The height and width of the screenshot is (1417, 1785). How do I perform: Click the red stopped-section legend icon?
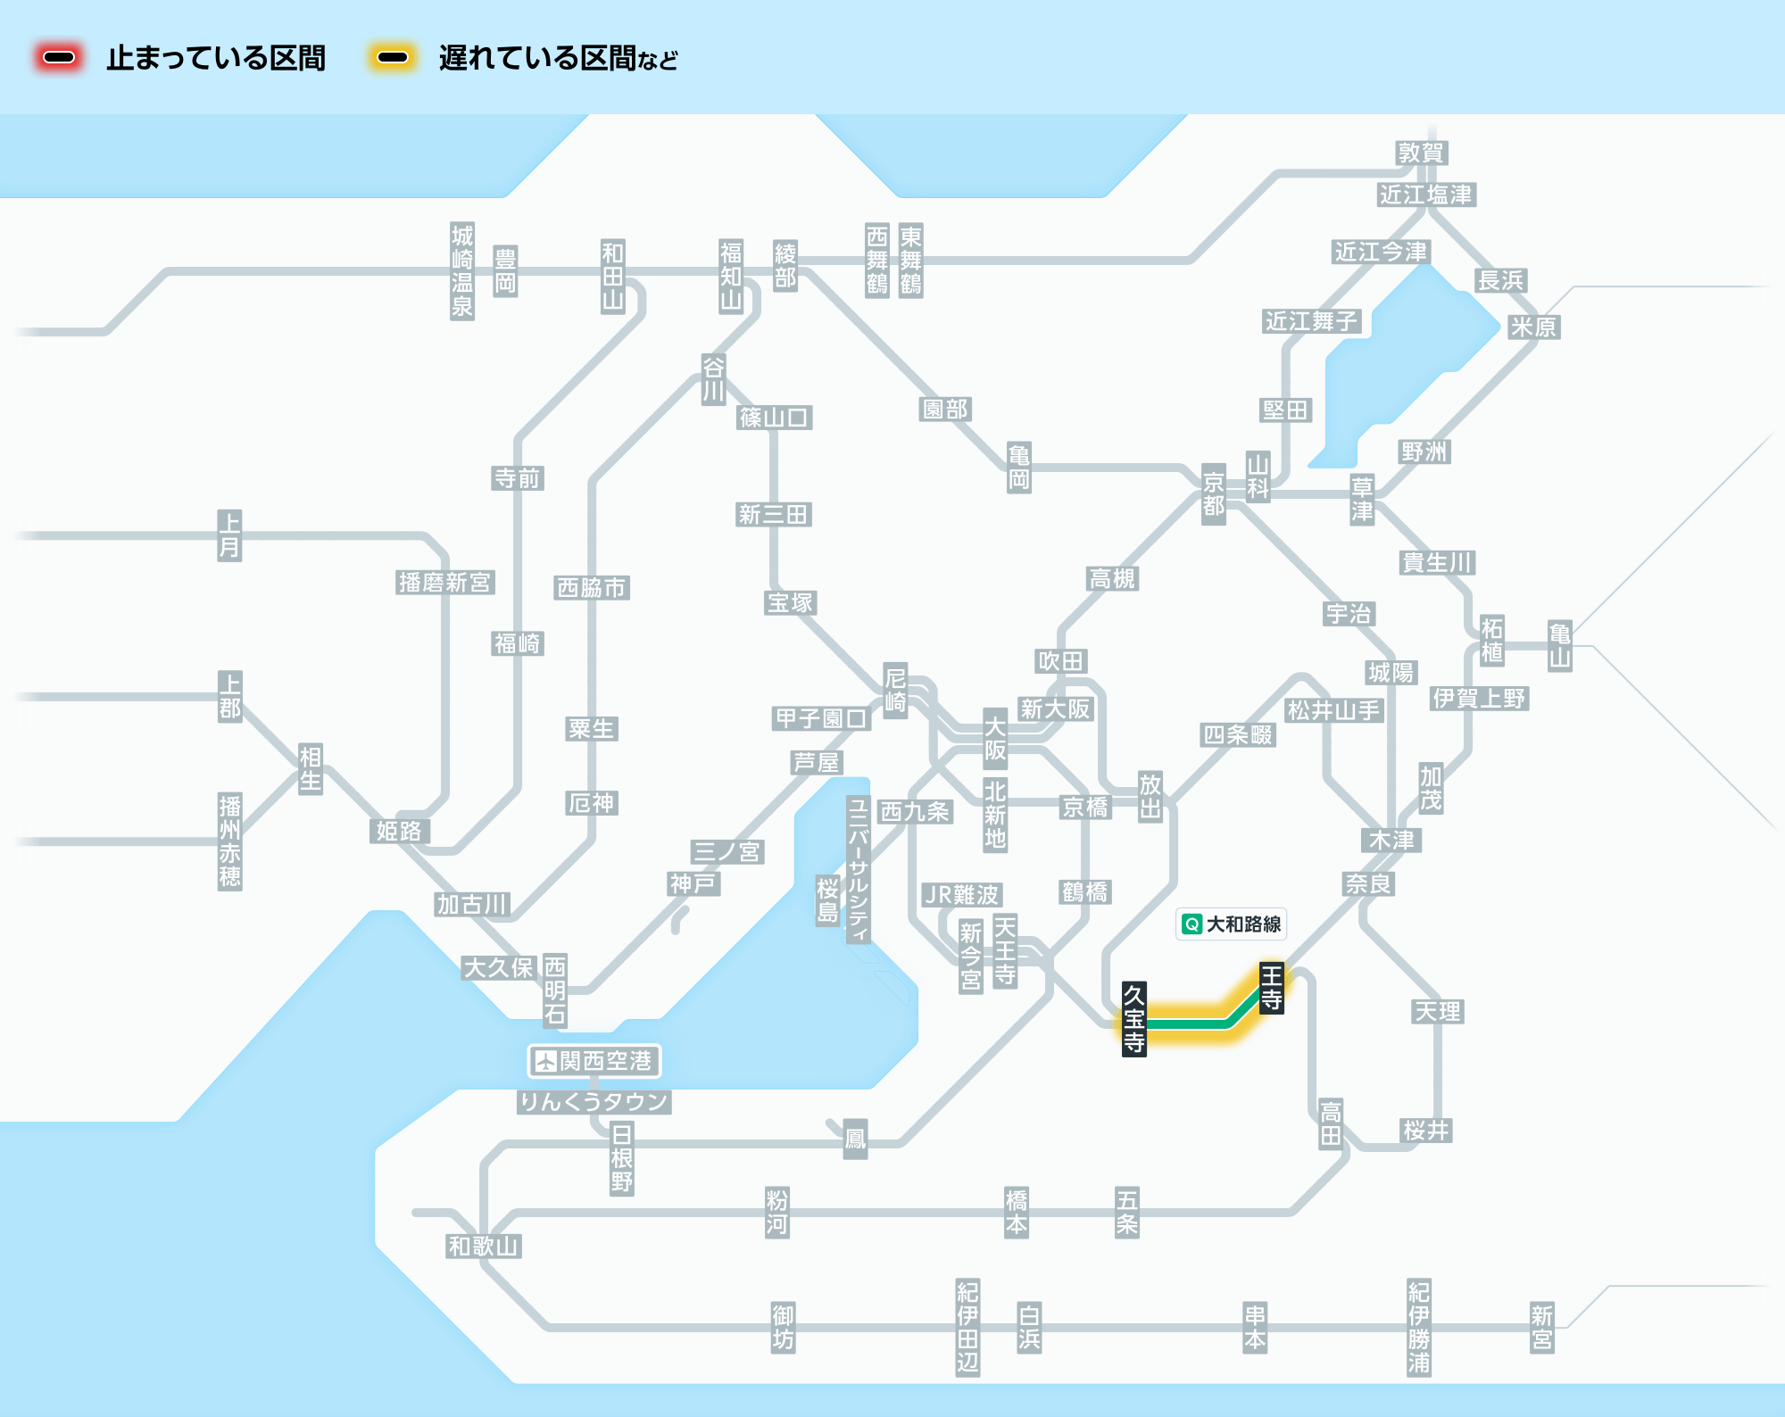click(x=59, y=58)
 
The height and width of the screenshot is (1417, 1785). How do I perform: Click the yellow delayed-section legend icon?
click(x=393, y=58)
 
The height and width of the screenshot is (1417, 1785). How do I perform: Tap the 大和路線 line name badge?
click(x=1232, y=924)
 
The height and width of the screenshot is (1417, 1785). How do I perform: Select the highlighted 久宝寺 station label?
click(x=1133, y=1018)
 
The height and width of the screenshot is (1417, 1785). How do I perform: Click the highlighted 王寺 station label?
click(x=1271, y=987)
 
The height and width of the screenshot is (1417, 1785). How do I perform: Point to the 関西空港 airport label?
click(x=594, y=1061)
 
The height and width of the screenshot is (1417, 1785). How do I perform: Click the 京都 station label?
click(x=1213, y=494)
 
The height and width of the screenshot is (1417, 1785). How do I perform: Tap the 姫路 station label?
click(x=399, y=832)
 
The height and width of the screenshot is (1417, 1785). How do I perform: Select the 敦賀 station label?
click(x=1421, y=153)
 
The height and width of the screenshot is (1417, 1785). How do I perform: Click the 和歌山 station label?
click(x=484, y=1246)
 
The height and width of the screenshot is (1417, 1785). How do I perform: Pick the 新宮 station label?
click(x=1541, y=1328)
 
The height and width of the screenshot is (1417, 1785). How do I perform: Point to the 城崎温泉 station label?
click(x=462, y=271)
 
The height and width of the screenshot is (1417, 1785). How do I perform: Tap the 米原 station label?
click(x=1533, y=327)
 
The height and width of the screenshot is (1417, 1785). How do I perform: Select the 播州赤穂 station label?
click(x=230, y=841)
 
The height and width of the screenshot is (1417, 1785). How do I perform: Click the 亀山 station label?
click(x=1559, y=646)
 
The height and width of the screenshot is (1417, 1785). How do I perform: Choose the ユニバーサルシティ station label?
click(x=858, y=869)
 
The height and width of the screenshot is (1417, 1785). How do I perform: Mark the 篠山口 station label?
click(x=775, y=418)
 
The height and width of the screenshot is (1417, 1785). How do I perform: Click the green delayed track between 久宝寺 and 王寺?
click(x=1191, y=1023)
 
